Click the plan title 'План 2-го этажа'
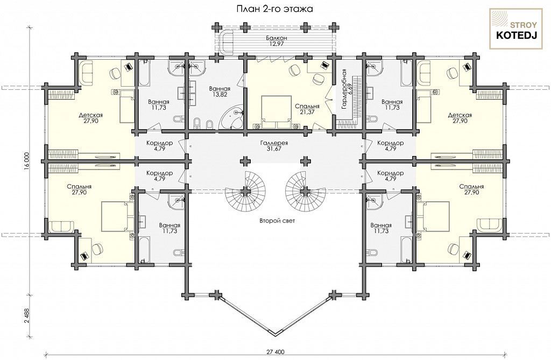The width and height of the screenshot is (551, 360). (274, 9)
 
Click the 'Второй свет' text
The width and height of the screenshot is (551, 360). (277, 221)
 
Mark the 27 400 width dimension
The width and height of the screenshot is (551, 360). (274, 351)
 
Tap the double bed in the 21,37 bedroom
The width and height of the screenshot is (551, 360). (276, 112)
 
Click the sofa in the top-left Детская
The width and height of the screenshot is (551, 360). (85, 73)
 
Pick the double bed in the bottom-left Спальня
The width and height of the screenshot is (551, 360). (117, 216)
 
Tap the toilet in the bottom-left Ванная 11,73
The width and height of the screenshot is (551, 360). (178, 252)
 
